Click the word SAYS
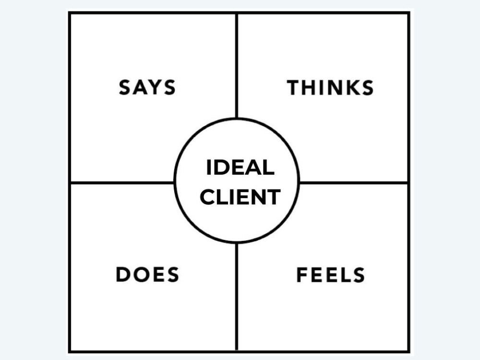(x=147, y=87)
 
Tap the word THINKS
(x=330, y=87)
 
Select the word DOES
(x=147, y=274)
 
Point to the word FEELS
(x=331, y=275)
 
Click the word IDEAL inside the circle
(x=240, y=168)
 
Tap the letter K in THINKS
(x=350, y=87)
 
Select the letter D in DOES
(x=123, y=274)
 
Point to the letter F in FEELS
(x=301, y=275)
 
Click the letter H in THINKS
(x=308, y=87)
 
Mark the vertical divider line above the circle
(x=237, y=66)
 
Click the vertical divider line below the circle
(x=237, y=297)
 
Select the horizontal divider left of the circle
(x=122, y=183)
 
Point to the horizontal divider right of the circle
(x=354, y=183)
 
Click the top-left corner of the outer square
(x=69, y=12)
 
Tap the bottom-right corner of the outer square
(x=409, y=352)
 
